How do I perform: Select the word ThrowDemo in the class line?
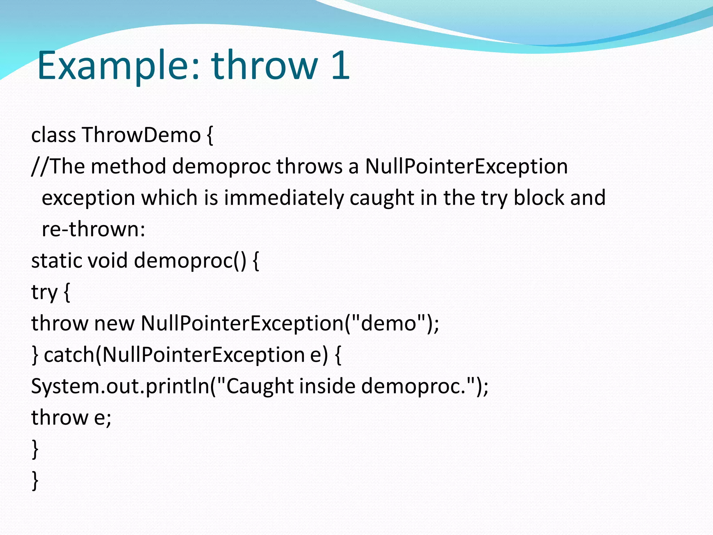pos(141,135)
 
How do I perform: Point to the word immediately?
pos(284,198)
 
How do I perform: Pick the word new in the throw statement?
pos(114,323)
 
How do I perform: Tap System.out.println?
pos(120,386)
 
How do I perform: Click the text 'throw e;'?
pos(71,417)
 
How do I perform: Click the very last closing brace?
pos(35,481)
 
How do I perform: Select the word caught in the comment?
pos(382,198)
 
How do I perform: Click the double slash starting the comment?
pos(40,166)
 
